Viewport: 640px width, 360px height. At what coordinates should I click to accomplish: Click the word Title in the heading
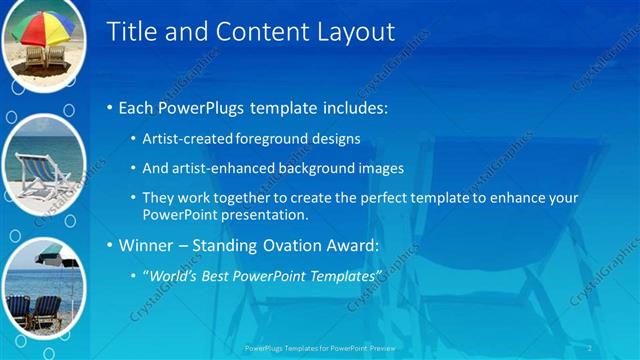tap(131, 32)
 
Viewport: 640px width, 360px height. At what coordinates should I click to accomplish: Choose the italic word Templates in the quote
tap(346, 275)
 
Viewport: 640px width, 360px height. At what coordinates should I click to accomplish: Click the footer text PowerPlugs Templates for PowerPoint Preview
tap(320, 348)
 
